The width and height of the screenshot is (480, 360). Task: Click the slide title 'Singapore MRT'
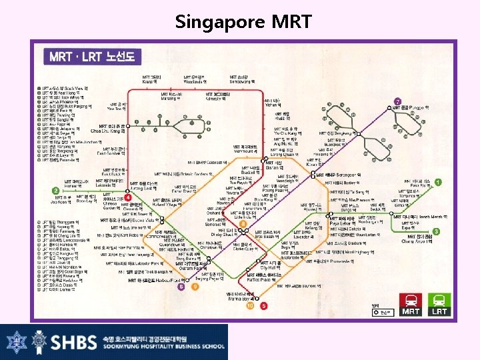click(x=243, y=21)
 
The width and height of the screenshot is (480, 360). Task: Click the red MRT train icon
click(x=411, y=302)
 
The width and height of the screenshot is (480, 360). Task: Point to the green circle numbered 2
click(x=55, y=191)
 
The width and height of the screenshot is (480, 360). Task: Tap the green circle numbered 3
click(x=436, y=231)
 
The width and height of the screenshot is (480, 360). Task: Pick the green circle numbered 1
click(x=438, y=182)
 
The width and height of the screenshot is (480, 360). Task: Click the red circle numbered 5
click(x=264, y=305)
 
